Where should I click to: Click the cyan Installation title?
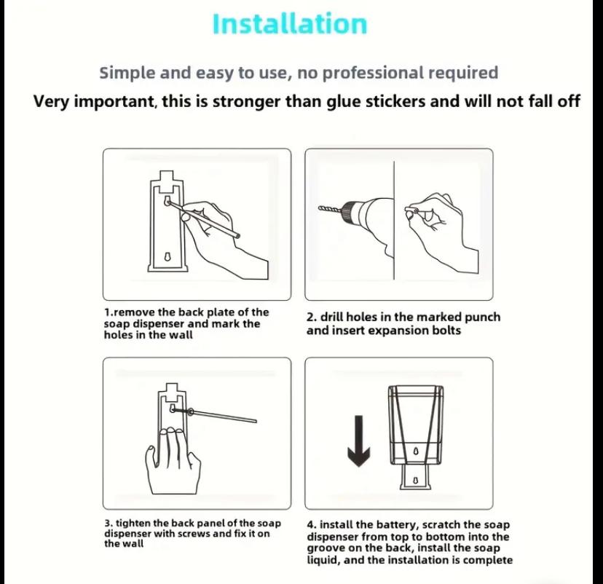[290, 24]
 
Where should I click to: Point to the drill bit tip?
[320, 208]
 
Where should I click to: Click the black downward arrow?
[358, 441]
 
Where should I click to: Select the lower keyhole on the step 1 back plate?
[167, 256]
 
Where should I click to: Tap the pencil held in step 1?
[204, 218]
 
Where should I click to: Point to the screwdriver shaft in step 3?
[223, 416]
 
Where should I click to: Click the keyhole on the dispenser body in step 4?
[416, 451]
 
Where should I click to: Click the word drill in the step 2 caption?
[332, 317]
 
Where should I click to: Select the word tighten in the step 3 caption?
[133, 523]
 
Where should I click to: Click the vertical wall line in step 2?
[394, 221]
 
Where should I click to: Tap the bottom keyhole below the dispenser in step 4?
[415, 480]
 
